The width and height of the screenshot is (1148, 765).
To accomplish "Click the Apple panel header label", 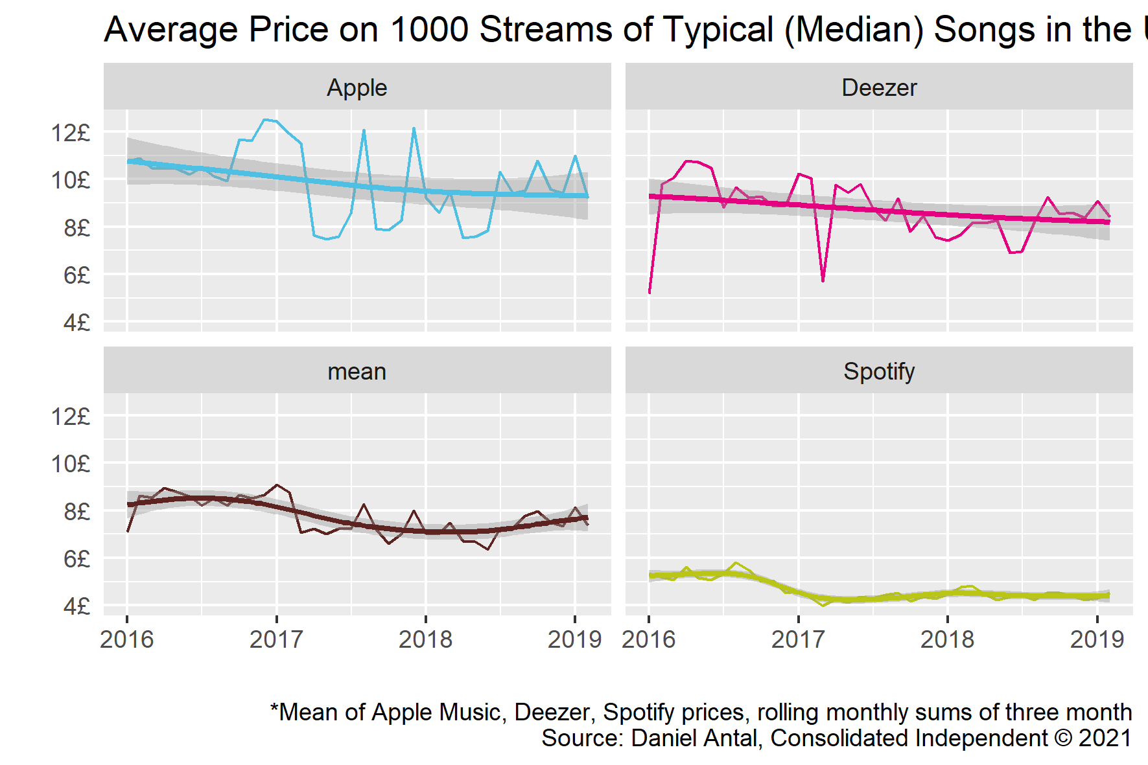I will pyautogui.click(x=357, y=87).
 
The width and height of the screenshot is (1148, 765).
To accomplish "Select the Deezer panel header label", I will pyautogui.click(x=879, y=87).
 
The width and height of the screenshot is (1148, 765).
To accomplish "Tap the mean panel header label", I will pyautogui.click(x=357, y=372).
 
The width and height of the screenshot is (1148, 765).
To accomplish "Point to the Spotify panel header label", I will pyautogui.click(x=879, y=372).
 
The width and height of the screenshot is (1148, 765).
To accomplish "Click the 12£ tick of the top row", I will pyautogui.click(x=71, y=133).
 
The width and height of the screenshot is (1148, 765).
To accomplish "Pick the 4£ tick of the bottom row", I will pyautogui.click(x=76, y=606).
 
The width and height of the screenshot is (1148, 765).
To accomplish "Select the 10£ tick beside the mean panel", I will pyautogui.click(x=71, y=464).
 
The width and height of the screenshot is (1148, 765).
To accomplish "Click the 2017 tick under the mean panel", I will pyautogui.click(x=276, y=639).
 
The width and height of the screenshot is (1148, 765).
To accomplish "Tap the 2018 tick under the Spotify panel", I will pyautogui.click(x=947, y=639).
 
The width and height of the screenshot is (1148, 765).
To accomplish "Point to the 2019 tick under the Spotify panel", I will pyautogui.click(x=1097, y=639).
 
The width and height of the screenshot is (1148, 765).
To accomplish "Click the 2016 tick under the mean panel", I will pyautogui.click(x=127, y=639).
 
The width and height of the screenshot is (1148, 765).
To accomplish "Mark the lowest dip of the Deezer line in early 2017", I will pyautogui.click(x=823, y=280).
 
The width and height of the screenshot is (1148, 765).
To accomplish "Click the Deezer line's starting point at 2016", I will pyautogui.click(x=650, y=292).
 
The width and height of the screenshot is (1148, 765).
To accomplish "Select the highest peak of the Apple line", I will pyautogui.click(x=264, y=120).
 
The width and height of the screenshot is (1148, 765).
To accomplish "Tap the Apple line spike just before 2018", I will pyautogui.click(x=414, y=129).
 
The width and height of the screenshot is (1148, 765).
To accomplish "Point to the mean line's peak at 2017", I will pyautogui.click(x=277, y=485).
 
